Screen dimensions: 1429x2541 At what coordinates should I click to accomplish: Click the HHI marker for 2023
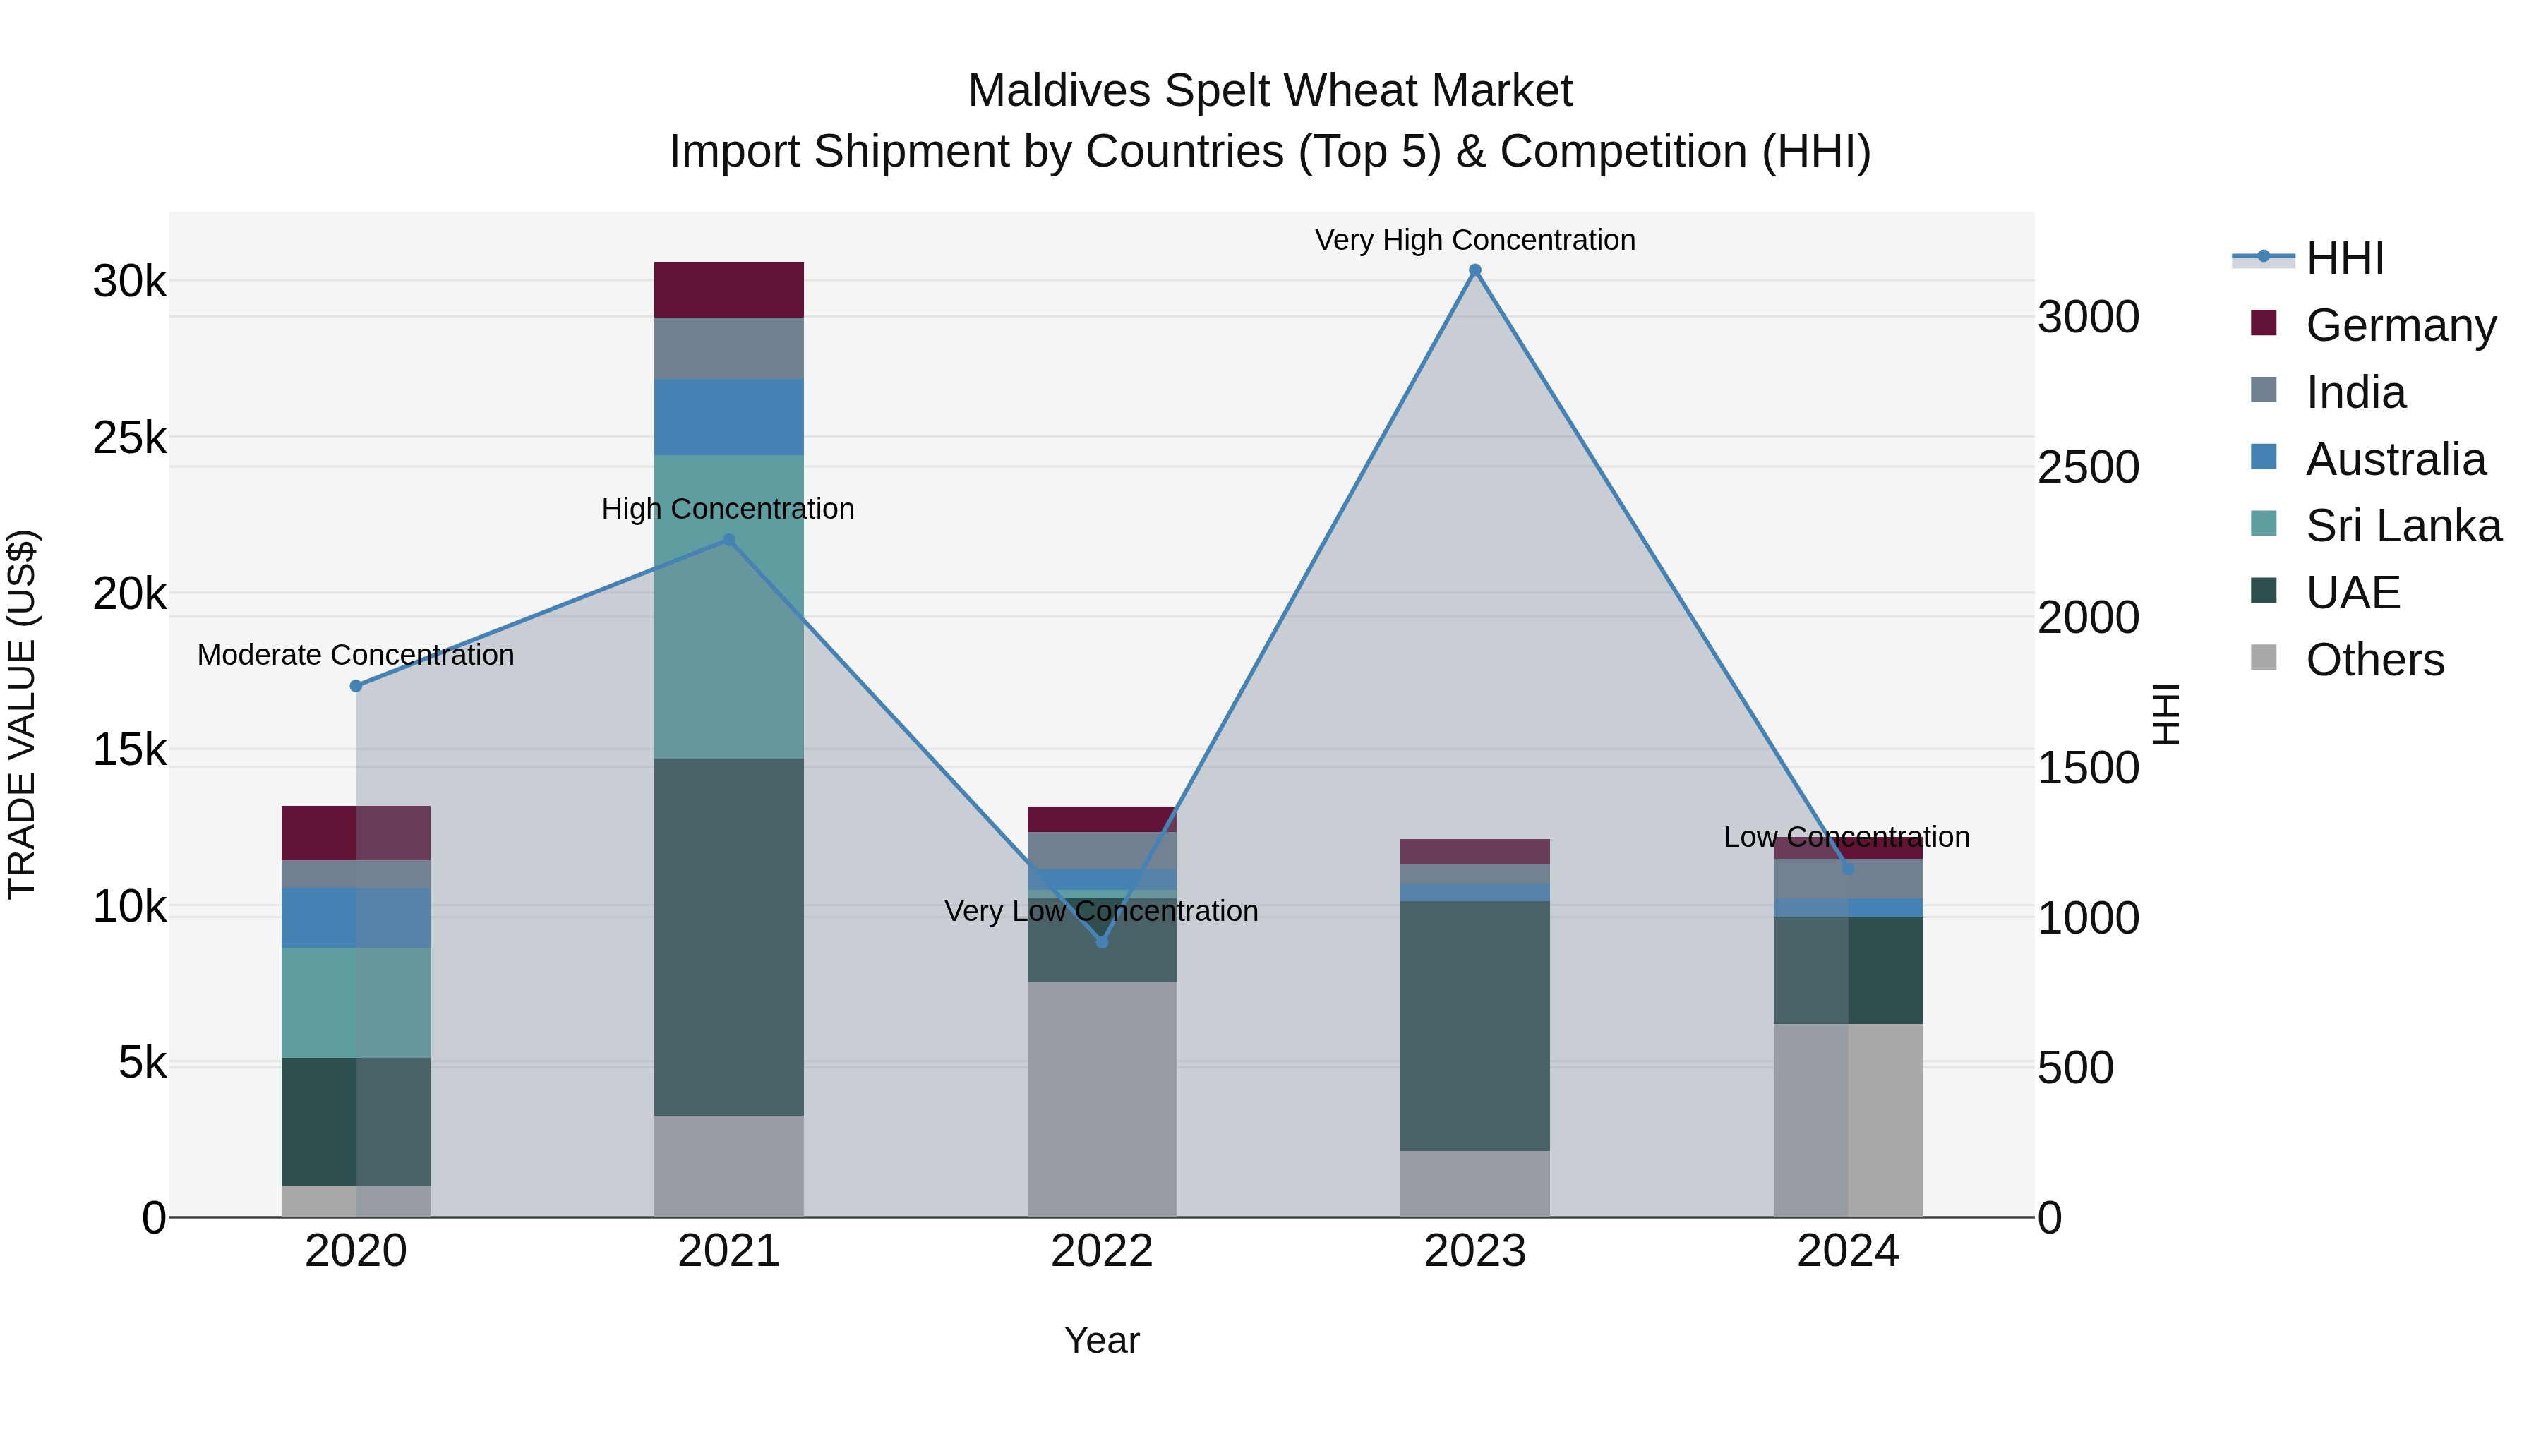tap(1474, 270)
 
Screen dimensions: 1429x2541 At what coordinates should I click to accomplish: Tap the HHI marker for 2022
tap(1102, 942)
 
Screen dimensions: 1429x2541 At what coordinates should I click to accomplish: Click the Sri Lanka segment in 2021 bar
tap(729, 606)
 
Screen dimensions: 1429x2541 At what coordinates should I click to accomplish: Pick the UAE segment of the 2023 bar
tap(1474, 1025)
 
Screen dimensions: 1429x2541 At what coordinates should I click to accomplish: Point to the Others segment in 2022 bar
tap(1102, 1099)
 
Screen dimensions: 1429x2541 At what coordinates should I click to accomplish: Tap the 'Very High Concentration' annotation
tap(1474, 240)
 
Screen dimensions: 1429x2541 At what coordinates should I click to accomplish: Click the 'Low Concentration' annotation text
tap(1846, 836)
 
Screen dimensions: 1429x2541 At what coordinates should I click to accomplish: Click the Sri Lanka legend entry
tap(2402, 526)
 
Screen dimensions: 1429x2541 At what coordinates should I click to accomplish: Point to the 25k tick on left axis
tap(129, 438)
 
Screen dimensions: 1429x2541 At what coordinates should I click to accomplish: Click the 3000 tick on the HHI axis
tap(2087, 318)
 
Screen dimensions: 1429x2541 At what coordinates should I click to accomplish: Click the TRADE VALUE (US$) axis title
tap(22, 714)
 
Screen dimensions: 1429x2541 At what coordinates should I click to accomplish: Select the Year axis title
tap(1102, 1340)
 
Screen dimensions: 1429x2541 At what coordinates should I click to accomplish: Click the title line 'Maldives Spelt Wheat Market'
tap(1270, 91)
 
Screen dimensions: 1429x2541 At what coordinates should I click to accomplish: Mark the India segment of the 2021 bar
tap(729, 348)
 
